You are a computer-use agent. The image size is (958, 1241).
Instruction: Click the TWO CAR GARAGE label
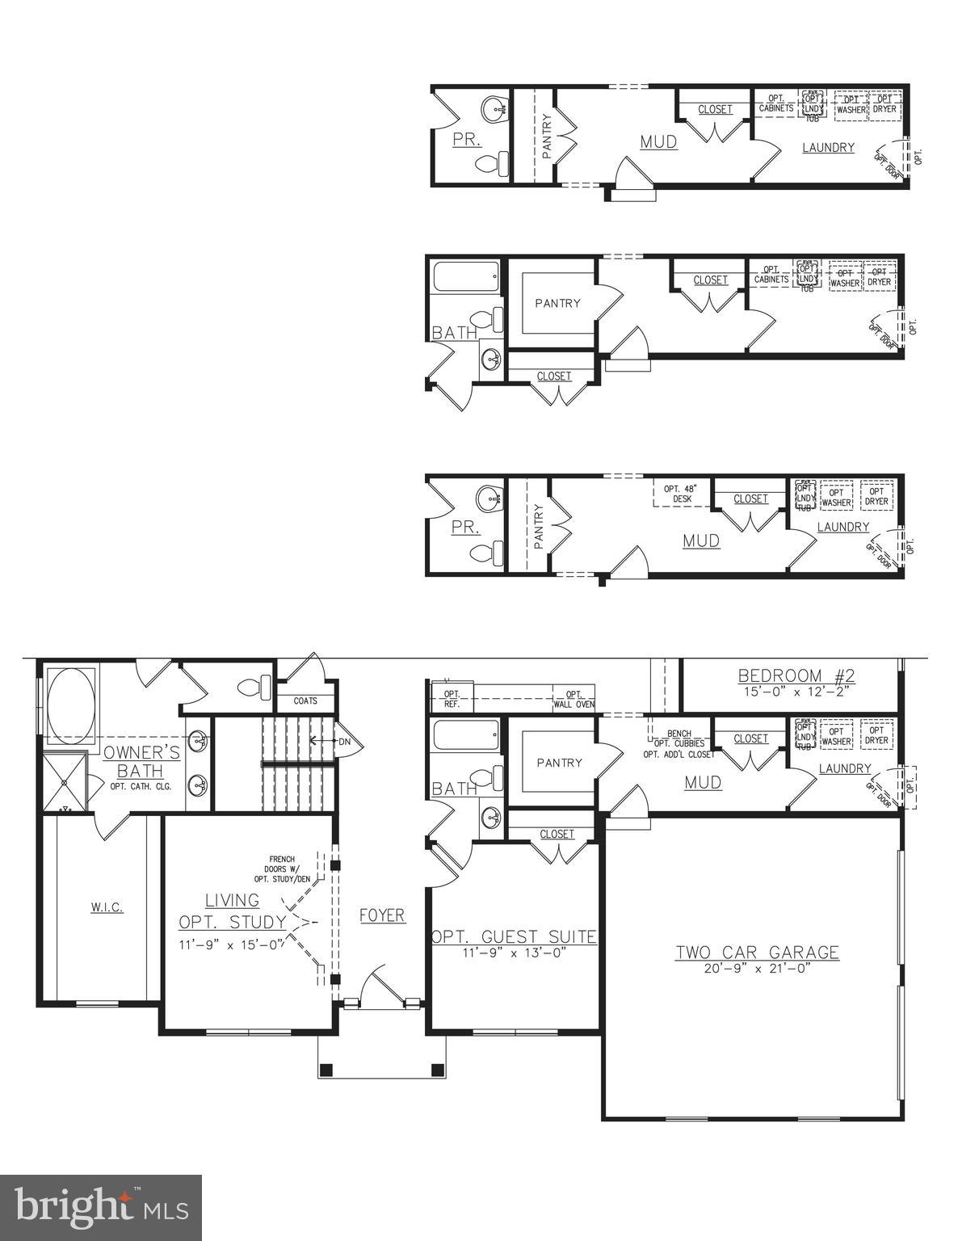[757, 953]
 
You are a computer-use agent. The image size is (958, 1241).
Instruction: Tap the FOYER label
[382, 915]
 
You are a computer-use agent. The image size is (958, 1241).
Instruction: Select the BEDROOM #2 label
[796, 675]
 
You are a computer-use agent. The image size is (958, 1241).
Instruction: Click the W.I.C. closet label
[107, 907]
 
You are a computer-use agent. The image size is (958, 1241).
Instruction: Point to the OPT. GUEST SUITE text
[514, 937]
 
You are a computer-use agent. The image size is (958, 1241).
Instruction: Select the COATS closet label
[305, 701]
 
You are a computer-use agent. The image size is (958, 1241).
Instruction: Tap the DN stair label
[345, 741]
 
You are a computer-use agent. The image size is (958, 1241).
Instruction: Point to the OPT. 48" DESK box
[679, 494]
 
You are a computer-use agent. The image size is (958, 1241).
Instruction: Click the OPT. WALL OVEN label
[574, 699]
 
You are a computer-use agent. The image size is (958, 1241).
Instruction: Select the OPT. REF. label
[452, 699]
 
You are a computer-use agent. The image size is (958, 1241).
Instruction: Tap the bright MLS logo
[101, 1207]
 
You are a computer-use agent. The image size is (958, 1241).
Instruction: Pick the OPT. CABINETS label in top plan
[775, 103]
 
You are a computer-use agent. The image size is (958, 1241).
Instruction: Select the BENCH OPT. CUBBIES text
[679, 738]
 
